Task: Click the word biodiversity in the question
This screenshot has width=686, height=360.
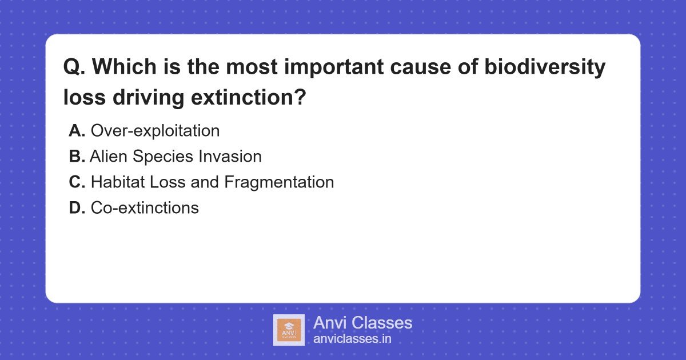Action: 545,67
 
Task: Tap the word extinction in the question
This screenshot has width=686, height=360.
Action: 248,97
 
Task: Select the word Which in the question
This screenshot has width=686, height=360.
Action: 125,66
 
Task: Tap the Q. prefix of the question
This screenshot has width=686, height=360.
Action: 74,67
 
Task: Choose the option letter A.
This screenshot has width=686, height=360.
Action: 77,131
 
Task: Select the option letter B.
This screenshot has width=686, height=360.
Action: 77,156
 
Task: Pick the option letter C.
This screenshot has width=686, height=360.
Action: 77,182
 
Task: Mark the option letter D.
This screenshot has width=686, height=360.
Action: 77,207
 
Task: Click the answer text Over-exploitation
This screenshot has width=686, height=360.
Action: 155,131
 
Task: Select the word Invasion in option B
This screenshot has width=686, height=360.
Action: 230,156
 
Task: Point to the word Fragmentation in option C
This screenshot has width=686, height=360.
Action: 279,183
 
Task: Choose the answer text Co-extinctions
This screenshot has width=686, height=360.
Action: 145,207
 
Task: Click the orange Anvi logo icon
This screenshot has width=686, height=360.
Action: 289,330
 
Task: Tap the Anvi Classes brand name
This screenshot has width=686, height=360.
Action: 362,323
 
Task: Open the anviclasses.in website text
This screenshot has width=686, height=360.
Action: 352,339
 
